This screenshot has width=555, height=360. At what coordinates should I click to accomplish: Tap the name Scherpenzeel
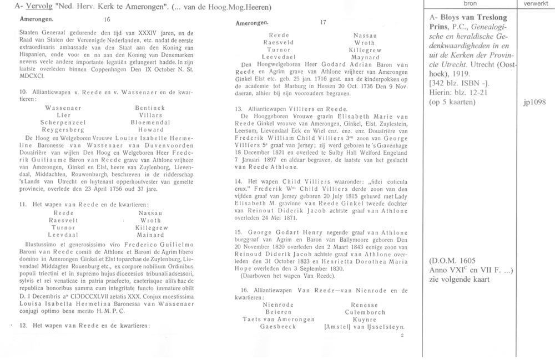point(63,121)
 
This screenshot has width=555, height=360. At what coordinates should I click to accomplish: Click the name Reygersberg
point(63,129)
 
